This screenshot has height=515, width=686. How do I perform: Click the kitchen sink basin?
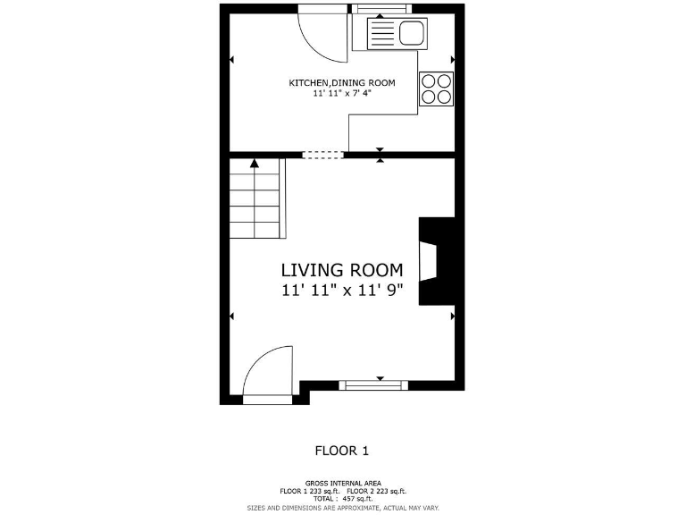(x=411, y=35)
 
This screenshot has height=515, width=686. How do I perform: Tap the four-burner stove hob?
(x=436, y=88)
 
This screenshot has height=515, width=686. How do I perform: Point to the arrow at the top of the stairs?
(x=255, y=164)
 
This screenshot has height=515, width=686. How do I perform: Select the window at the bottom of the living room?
(x=373, y=385)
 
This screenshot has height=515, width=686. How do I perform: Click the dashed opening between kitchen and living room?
(x=322, y=155)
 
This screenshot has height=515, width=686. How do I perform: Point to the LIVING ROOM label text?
(x=342, y=270)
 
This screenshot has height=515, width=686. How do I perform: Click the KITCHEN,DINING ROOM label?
(x=341, y=83)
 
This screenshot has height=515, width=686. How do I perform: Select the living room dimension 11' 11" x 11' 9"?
(x=342, y=290)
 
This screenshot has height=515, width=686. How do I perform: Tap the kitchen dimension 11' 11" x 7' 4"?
(x=341, y=93)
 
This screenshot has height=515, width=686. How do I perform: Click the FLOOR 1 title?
(x=342, y=451)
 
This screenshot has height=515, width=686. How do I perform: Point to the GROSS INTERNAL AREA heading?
(x=342, y=482)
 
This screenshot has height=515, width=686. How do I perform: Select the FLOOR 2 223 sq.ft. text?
(x=376, y=491)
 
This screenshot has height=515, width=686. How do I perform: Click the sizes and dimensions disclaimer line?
(x=342, y=507)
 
